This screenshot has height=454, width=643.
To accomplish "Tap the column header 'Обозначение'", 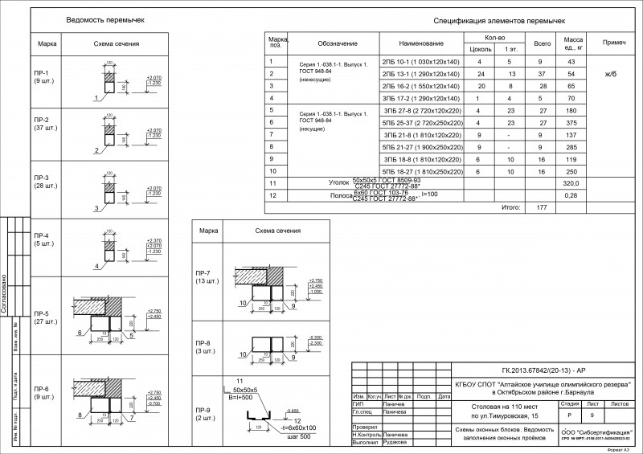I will click(331, 43).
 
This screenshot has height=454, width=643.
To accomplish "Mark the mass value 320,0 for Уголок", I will click(572, 184).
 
